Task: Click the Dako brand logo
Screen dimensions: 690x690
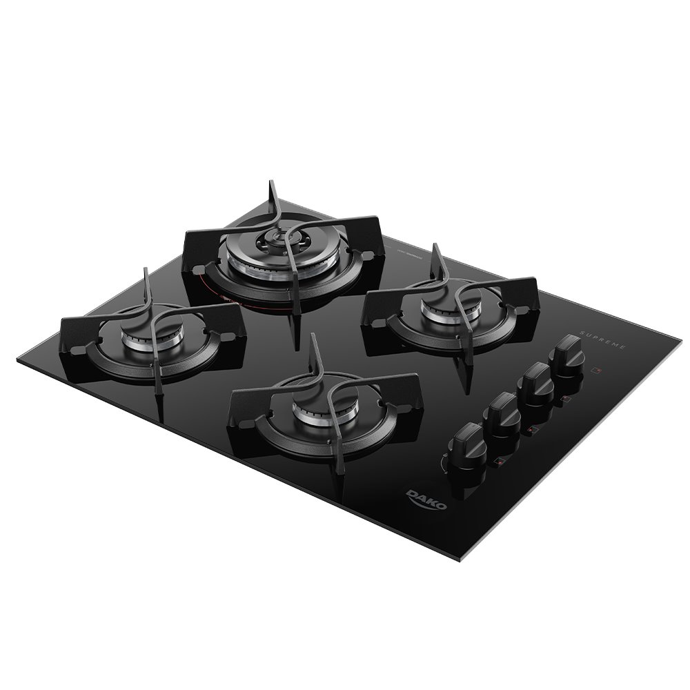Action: coord(426,499)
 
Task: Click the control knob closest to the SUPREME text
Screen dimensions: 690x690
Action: coord(570,349)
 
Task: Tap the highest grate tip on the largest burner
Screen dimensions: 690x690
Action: coord(270,184)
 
